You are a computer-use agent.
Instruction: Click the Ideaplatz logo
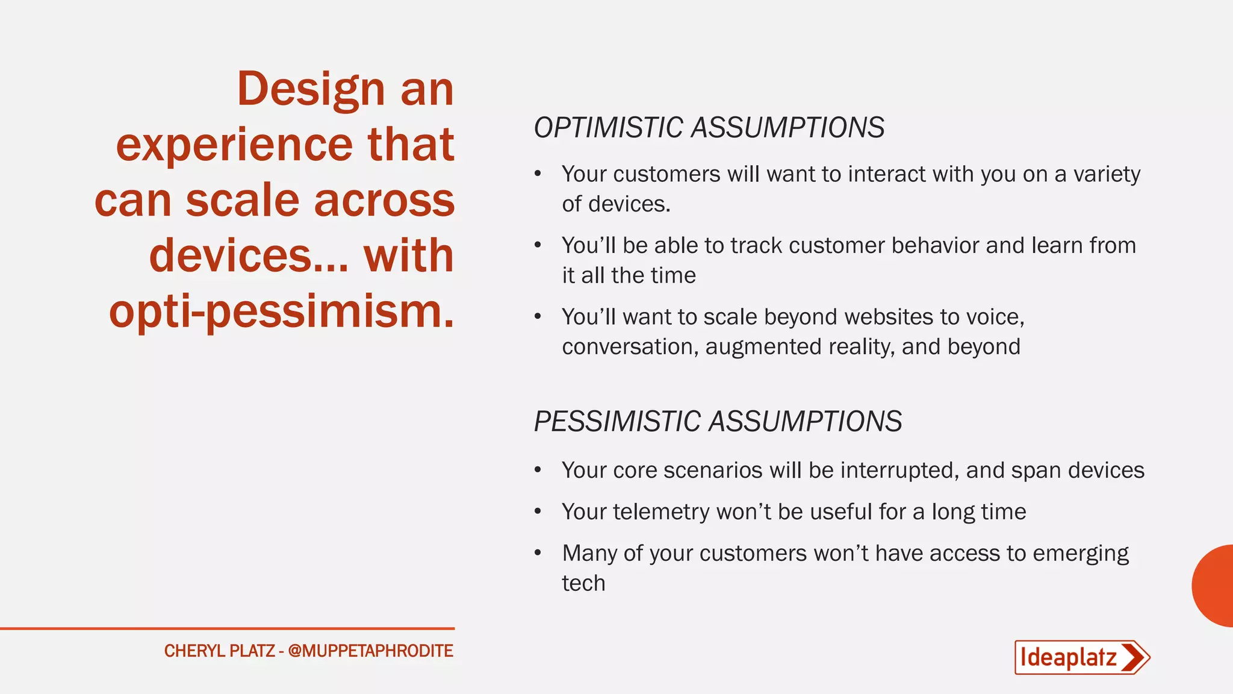[x=1081, y=657]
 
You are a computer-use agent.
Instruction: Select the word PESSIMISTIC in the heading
[x=616, y=421]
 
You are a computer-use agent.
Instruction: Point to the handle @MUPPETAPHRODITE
[x=370, y=651]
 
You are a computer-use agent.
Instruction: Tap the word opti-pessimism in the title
[x=281, y=311]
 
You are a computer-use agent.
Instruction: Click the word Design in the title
[x=311, y=89]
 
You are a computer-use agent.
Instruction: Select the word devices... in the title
[x=248, y=256]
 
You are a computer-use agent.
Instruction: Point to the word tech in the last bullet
[x=583, y=583]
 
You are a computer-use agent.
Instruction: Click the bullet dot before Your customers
[x=538, y=174]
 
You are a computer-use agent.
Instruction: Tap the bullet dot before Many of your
[x=538, y=553]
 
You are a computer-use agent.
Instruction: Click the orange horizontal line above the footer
[x=227, y=628]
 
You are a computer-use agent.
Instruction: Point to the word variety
[x=1107, y=175]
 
